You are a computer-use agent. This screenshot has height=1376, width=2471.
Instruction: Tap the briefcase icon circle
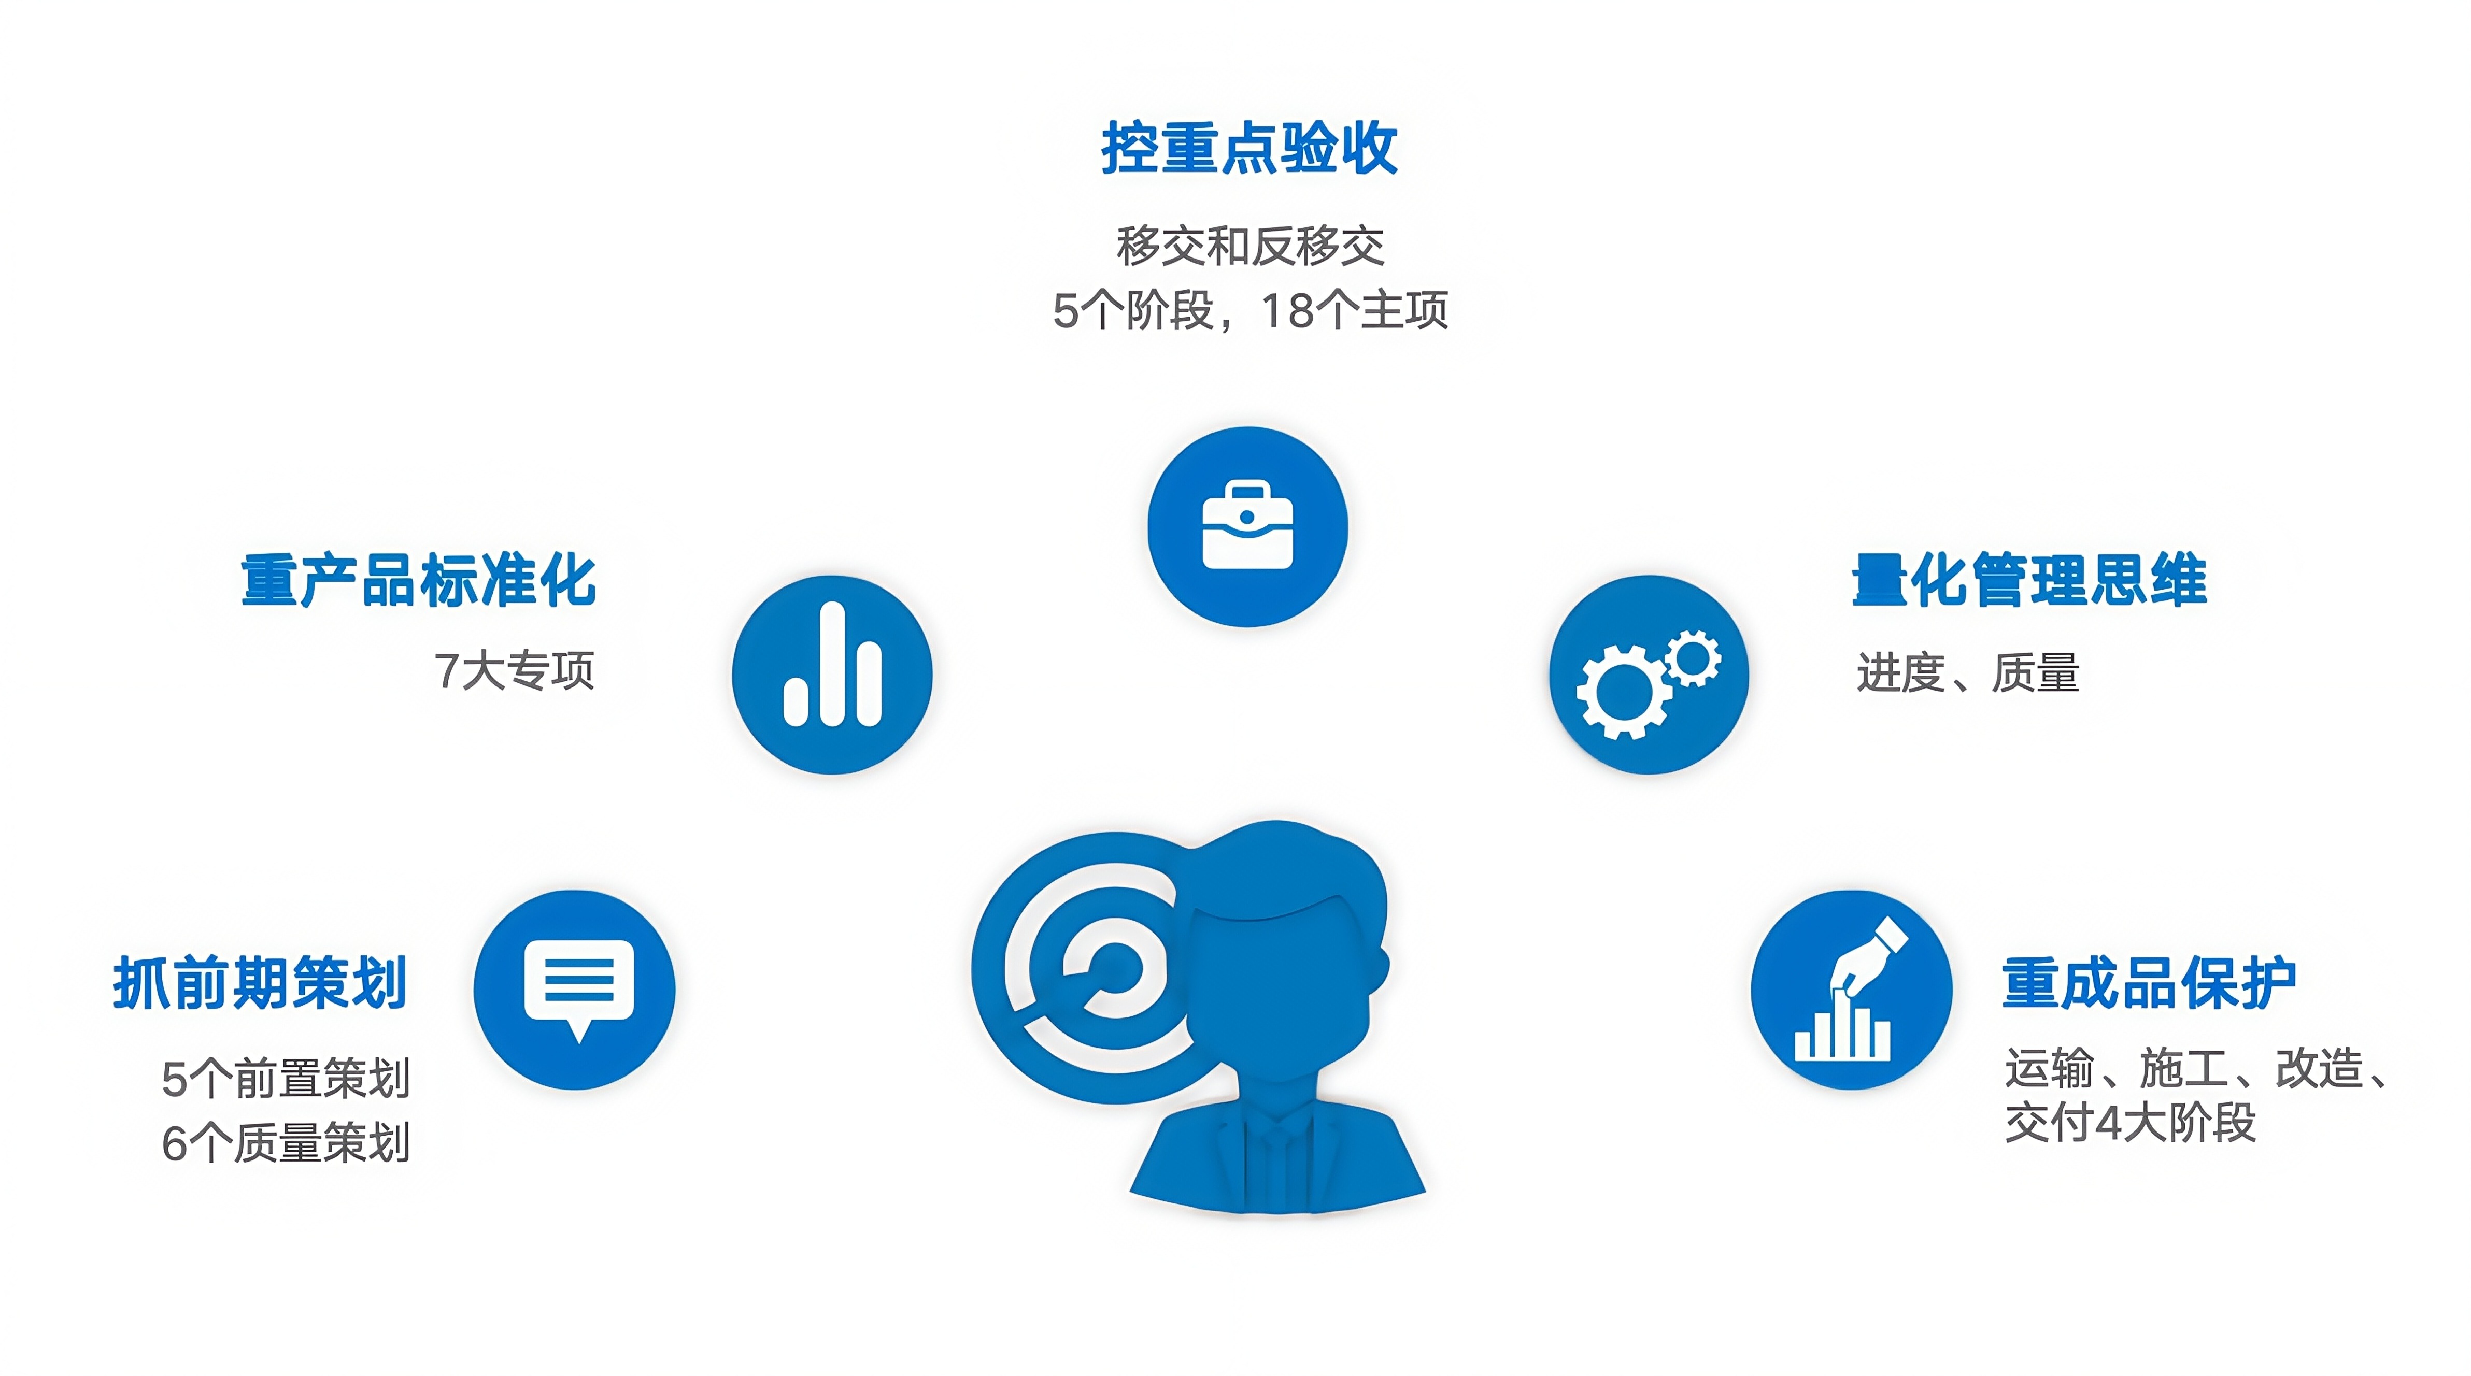[x=1247, y=526]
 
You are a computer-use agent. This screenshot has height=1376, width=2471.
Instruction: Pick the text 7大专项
[x=514, y=670]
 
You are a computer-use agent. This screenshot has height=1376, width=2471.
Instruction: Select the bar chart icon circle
[x=832, y=674]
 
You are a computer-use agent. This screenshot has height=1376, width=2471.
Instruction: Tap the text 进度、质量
[x=1967, y=672]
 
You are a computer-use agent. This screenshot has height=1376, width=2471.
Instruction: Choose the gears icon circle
[x=1649, y=674]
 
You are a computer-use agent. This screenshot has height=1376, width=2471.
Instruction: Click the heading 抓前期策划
[x=260, y=983]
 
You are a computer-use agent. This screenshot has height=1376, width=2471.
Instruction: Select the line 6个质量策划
[x=286, y=1142]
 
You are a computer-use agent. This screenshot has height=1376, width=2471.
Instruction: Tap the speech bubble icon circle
[x=575, y=990]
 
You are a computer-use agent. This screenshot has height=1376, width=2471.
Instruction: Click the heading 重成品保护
[x=2149, y=983]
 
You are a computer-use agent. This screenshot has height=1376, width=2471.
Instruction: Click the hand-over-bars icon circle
[x=1851, y=990]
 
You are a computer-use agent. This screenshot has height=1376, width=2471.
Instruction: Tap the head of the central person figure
[x=1285, y=949]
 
